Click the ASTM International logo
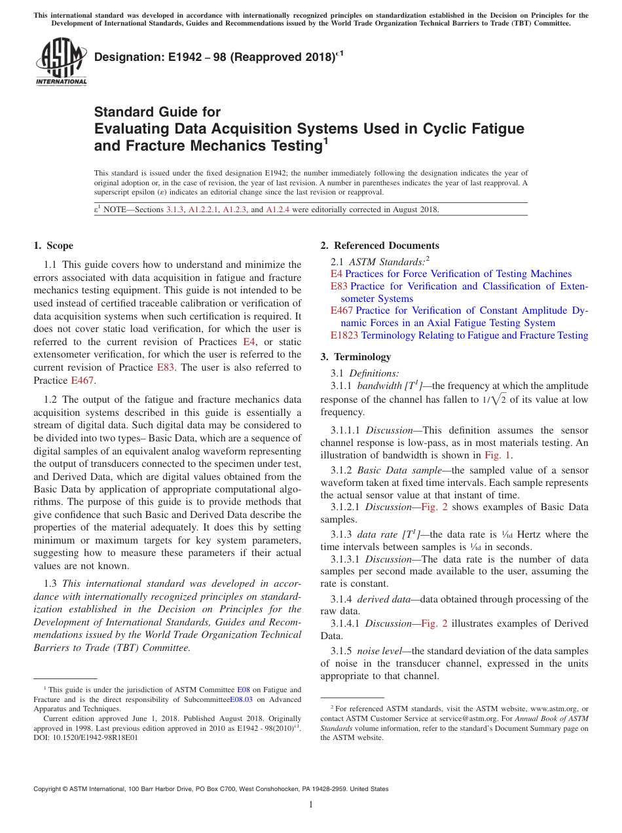tap(61, 62)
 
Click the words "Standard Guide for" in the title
tap(157, 112)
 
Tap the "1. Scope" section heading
tap(54, 246)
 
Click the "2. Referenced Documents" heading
tap(380, 246)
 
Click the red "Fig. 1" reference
tap(498, 455)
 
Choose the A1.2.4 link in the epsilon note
tap(282, 210)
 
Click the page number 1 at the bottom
tap(311, 805)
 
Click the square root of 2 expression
tap(485, 399)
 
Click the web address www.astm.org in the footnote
tap(541, 709)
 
